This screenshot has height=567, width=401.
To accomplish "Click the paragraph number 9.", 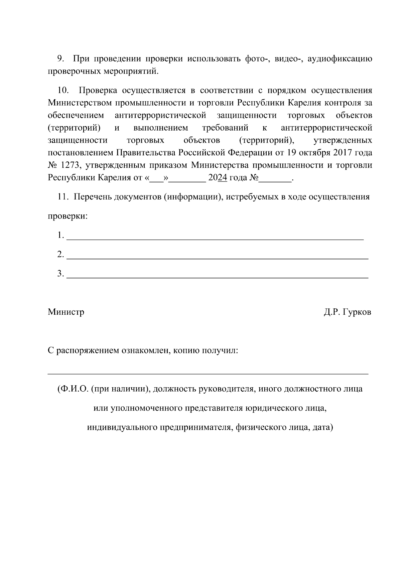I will (x=60, y=59).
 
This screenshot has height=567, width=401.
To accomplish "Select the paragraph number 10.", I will (x=63, y=91).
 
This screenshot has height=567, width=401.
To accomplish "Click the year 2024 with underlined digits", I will (x=218, y=178).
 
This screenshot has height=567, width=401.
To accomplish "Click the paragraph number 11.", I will (x=63, y=197).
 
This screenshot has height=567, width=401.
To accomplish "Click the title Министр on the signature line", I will (x=66, y=312).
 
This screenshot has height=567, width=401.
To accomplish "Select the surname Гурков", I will (x=357, y=312).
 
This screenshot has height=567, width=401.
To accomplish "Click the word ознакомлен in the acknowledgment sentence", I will (x=146, y=351).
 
